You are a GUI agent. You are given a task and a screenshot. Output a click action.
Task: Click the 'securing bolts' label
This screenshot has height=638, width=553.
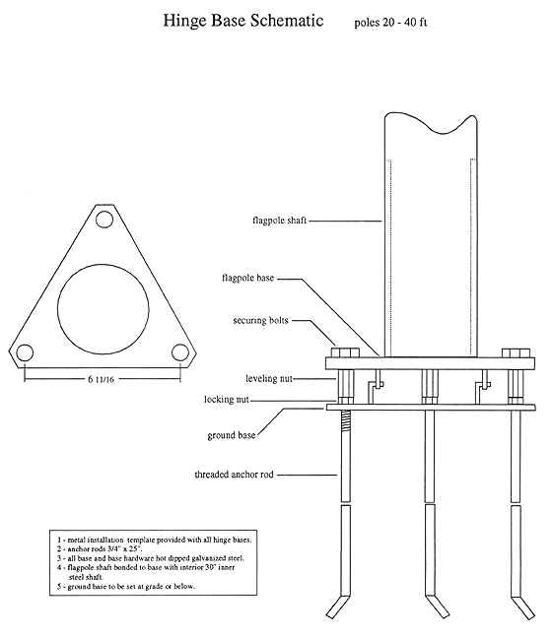tap(262, 320)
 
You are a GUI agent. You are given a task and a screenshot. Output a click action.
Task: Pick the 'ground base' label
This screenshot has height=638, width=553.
tap(233, 434)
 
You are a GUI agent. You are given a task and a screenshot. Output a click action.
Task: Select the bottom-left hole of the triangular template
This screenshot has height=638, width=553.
tap(26, 351)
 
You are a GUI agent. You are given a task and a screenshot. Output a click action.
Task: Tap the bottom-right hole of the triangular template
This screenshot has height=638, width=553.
tap(179, 351)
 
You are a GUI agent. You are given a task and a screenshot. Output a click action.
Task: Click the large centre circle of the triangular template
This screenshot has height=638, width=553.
tap(104, 306)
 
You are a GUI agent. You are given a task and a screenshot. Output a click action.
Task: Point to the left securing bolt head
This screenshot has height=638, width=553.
tap(342, 352)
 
